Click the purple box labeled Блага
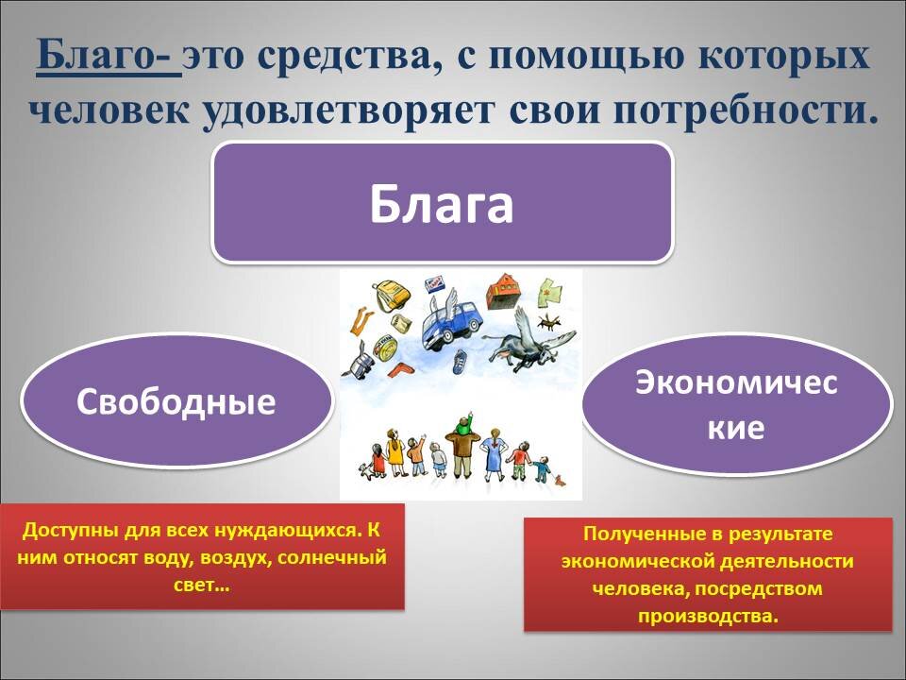(442, 202)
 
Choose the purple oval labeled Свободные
(176, 401)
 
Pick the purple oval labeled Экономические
(736, 404)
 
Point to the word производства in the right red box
(708, 617)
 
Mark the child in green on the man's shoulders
(462, 425)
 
